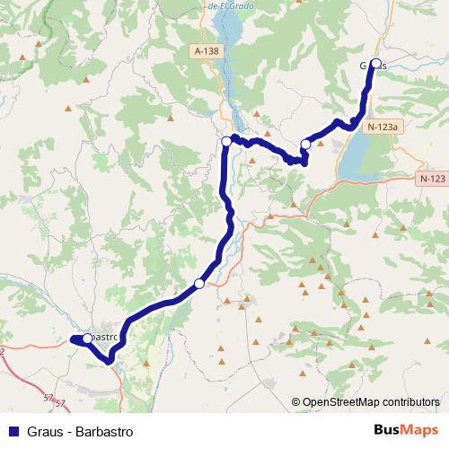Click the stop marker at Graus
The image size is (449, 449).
[x=375, y=64]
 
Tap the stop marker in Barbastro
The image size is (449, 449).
[x=87, y=339]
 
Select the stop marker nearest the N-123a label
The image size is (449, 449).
[x=305, y=144]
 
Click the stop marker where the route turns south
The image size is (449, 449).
[x=226, y=141]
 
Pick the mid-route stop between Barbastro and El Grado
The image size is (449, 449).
[x=199, y=284]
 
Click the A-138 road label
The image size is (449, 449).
[x=206, y=52]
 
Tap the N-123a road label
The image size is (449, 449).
[x=382, y=128]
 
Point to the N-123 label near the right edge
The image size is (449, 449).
[x=432, y=180]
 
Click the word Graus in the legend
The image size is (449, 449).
[x=45, y=431]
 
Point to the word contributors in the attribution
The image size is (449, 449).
[x=409, y=401]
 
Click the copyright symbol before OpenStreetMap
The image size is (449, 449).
[x=295, y=401]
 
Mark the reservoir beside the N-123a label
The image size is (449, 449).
[x=355, y=162]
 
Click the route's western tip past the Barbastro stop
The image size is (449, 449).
[x=71, y=339]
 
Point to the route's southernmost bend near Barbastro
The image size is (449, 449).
[x=110, y=361]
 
